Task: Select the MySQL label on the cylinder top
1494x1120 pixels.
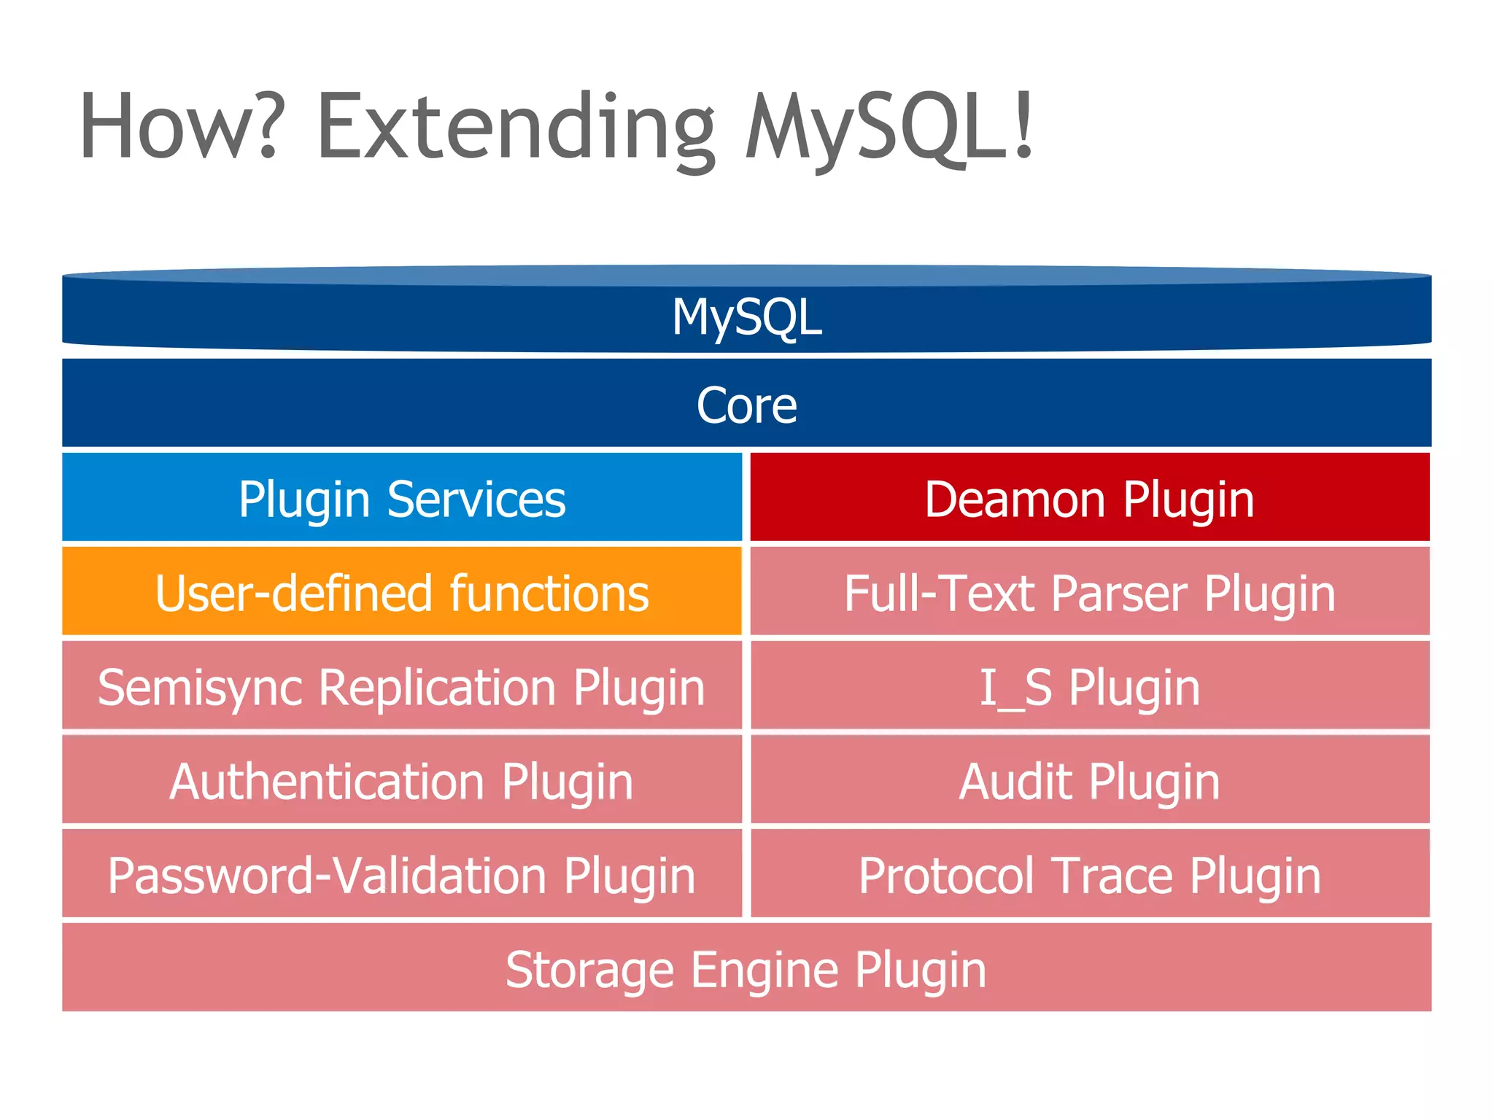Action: (747, 318)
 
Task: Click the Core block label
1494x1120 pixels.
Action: (747, 405)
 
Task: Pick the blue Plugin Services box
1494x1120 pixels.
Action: (402, 499)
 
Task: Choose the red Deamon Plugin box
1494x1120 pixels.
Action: (1090, 499)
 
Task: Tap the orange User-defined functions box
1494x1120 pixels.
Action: (402, 593)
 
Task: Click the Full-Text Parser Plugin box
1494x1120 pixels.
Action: (1090, 593)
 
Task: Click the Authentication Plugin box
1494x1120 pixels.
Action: (402, 781)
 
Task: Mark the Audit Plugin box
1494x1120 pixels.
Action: (1090, 781)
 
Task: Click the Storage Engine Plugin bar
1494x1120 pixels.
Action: (747, 969)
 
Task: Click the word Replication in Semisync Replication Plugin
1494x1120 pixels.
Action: (437, 687)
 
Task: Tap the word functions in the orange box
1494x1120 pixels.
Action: (549, 593)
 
